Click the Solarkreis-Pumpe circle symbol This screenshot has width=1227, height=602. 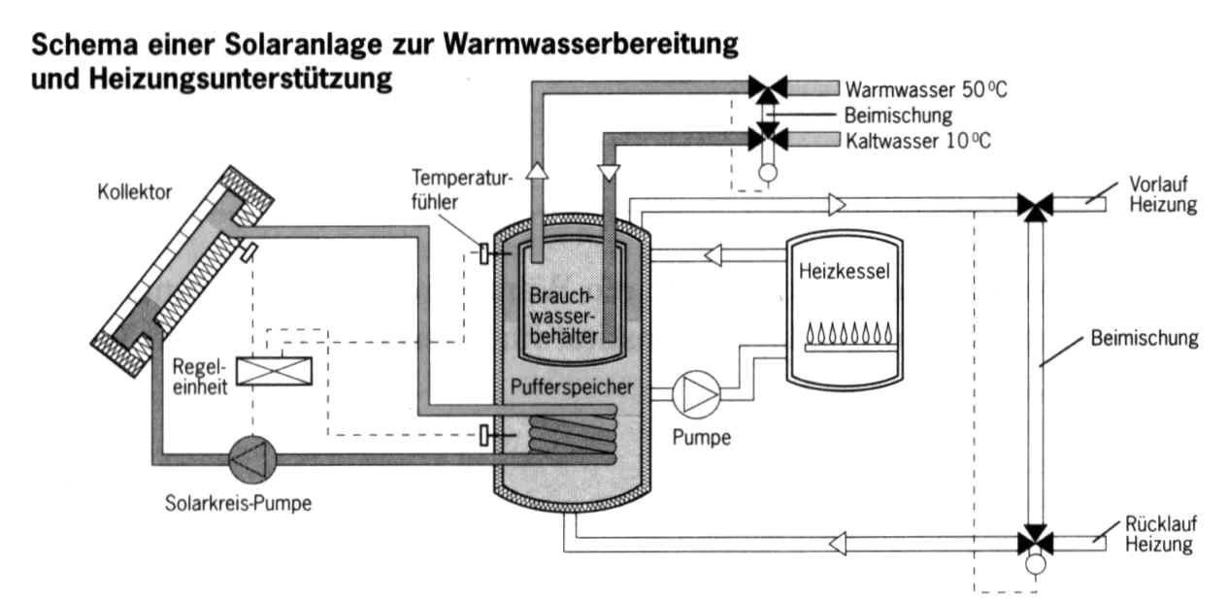(x=251, y=456)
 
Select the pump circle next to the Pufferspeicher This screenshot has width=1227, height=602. (x=696, y=392)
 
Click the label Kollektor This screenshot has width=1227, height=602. (x=135, y=192)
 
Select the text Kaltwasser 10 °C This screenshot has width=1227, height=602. (x=918, y=141)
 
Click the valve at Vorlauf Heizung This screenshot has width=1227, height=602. (x=1036, y=205)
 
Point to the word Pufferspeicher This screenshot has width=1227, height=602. (x=573, y=387)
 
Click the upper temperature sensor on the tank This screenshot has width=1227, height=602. (x=483, y=254)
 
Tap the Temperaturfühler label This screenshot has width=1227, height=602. (x=448, y=190)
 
